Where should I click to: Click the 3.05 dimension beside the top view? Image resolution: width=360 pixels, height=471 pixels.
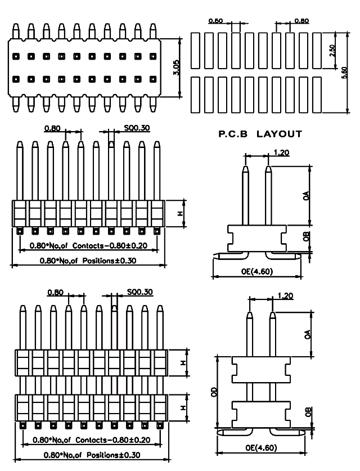(x=175, y=68)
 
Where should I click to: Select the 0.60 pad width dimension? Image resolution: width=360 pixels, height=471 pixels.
(x=216, y=21)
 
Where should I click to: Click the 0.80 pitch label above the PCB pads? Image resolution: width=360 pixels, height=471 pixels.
(x=301, y=21)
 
